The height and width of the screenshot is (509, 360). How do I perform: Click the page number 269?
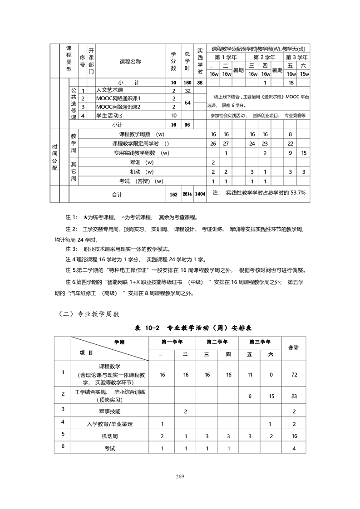click(180, 476)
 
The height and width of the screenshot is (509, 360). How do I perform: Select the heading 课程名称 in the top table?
click(130, 62)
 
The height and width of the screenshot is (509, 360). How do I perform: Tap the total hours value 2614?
click(187, 194)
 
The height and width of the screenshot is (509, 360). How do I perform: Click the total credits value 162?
click(173, 194)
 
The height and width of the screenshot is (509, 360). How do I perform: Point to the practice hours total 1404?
click(200, 194)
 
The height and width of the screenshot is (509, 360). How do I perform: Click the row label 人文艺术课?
click(112, 90)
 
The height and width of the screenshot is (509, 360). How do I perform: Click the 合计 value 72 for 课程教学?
click(294, 375)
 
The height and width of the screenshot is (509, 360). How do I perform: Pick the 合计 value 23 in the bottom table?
click(294, 396)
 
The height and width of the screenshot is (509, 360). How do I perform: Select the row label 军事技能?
click(110, 411)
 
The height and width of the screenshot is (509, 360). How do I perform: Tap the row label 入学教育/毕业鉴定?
click(110, 424)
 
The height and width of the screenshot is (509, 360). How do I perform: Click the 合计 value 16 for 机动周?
click(294, 436)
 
